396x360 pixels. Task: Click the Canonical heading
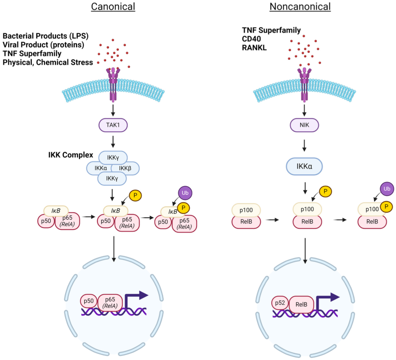point(113,7)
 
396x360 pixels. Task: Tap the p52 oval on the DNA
point(280,303)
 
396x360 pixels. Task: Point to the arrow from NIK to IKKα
point(305,144)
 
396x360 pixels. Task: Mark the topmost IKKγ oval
point(113,157)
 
